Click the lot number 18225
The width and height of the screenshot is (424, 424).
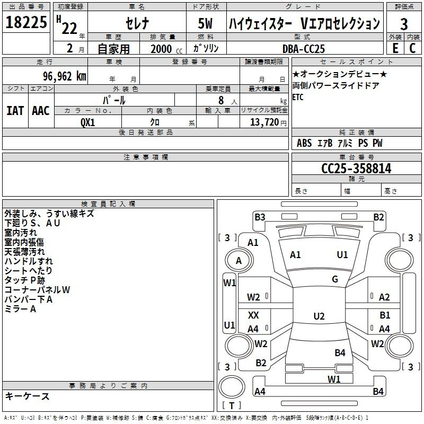[26, 22]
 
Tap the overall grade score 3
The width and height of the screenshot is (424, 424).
[404, 24]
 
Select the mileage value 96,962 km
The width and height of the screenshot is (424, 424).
[65, 76]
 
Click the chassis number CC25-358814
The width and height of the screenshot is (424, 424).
[356, 169]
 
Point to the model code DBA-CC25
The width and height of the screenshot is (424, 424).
[303, 49]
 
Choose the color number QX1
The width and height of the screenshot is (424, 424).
[87, 122]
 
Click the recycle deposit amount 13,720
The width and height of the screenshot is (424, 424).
[264, 122]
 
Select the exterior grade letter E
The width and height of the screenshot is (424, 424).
[395, 48]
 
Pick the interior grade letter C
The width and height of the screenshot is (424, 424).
[412, 48]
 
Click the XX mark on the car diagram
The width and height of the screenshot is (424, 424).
[253, 315]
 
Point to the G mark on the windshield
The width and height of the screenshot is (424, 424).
[335, 279]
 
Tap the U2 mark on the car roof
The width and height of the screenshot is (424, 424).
[319, 316]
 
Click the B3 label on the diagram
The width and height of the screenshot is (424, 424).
[260, 217]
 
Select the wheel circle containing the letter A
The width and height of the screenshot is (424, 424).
[239, 261]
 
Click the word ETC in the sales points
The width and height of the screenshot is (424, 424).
[298, 97]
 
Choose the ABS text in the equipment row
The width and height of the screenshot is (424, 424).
[304, 143]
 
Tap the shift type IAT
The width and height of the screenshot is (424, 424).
[15, 111]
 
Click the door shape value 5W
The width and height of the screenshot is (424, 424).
[205, 23]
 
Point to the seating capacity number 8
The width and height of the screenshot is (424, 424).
[221, 100]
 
